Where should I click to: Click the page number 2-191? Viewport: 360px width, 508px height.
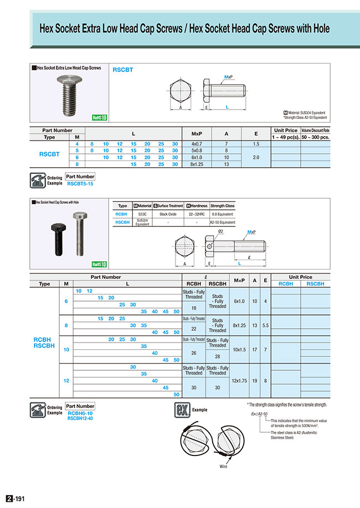click(x=16, y=499)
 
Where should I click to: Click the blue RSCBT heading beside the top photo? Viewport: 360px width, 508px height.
click(x=123, y=70)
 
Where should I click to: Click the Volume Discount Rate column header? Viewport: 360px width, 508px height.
click(x=315, y=131)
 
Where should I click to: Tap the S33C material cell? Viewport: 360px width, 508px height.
click(x=142, y=213)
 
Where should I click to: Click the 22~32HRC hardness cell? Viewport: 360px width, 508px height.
click(x=197, y=213)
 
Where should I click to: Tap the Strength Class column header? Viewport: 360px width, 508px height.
click(x=222, y=206)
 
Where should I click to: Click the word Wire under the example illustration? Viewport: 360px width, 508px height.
click(x=223, y=466)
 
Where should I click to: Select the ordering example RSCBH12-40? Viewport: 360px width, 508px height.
click(x=81, y=418)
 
